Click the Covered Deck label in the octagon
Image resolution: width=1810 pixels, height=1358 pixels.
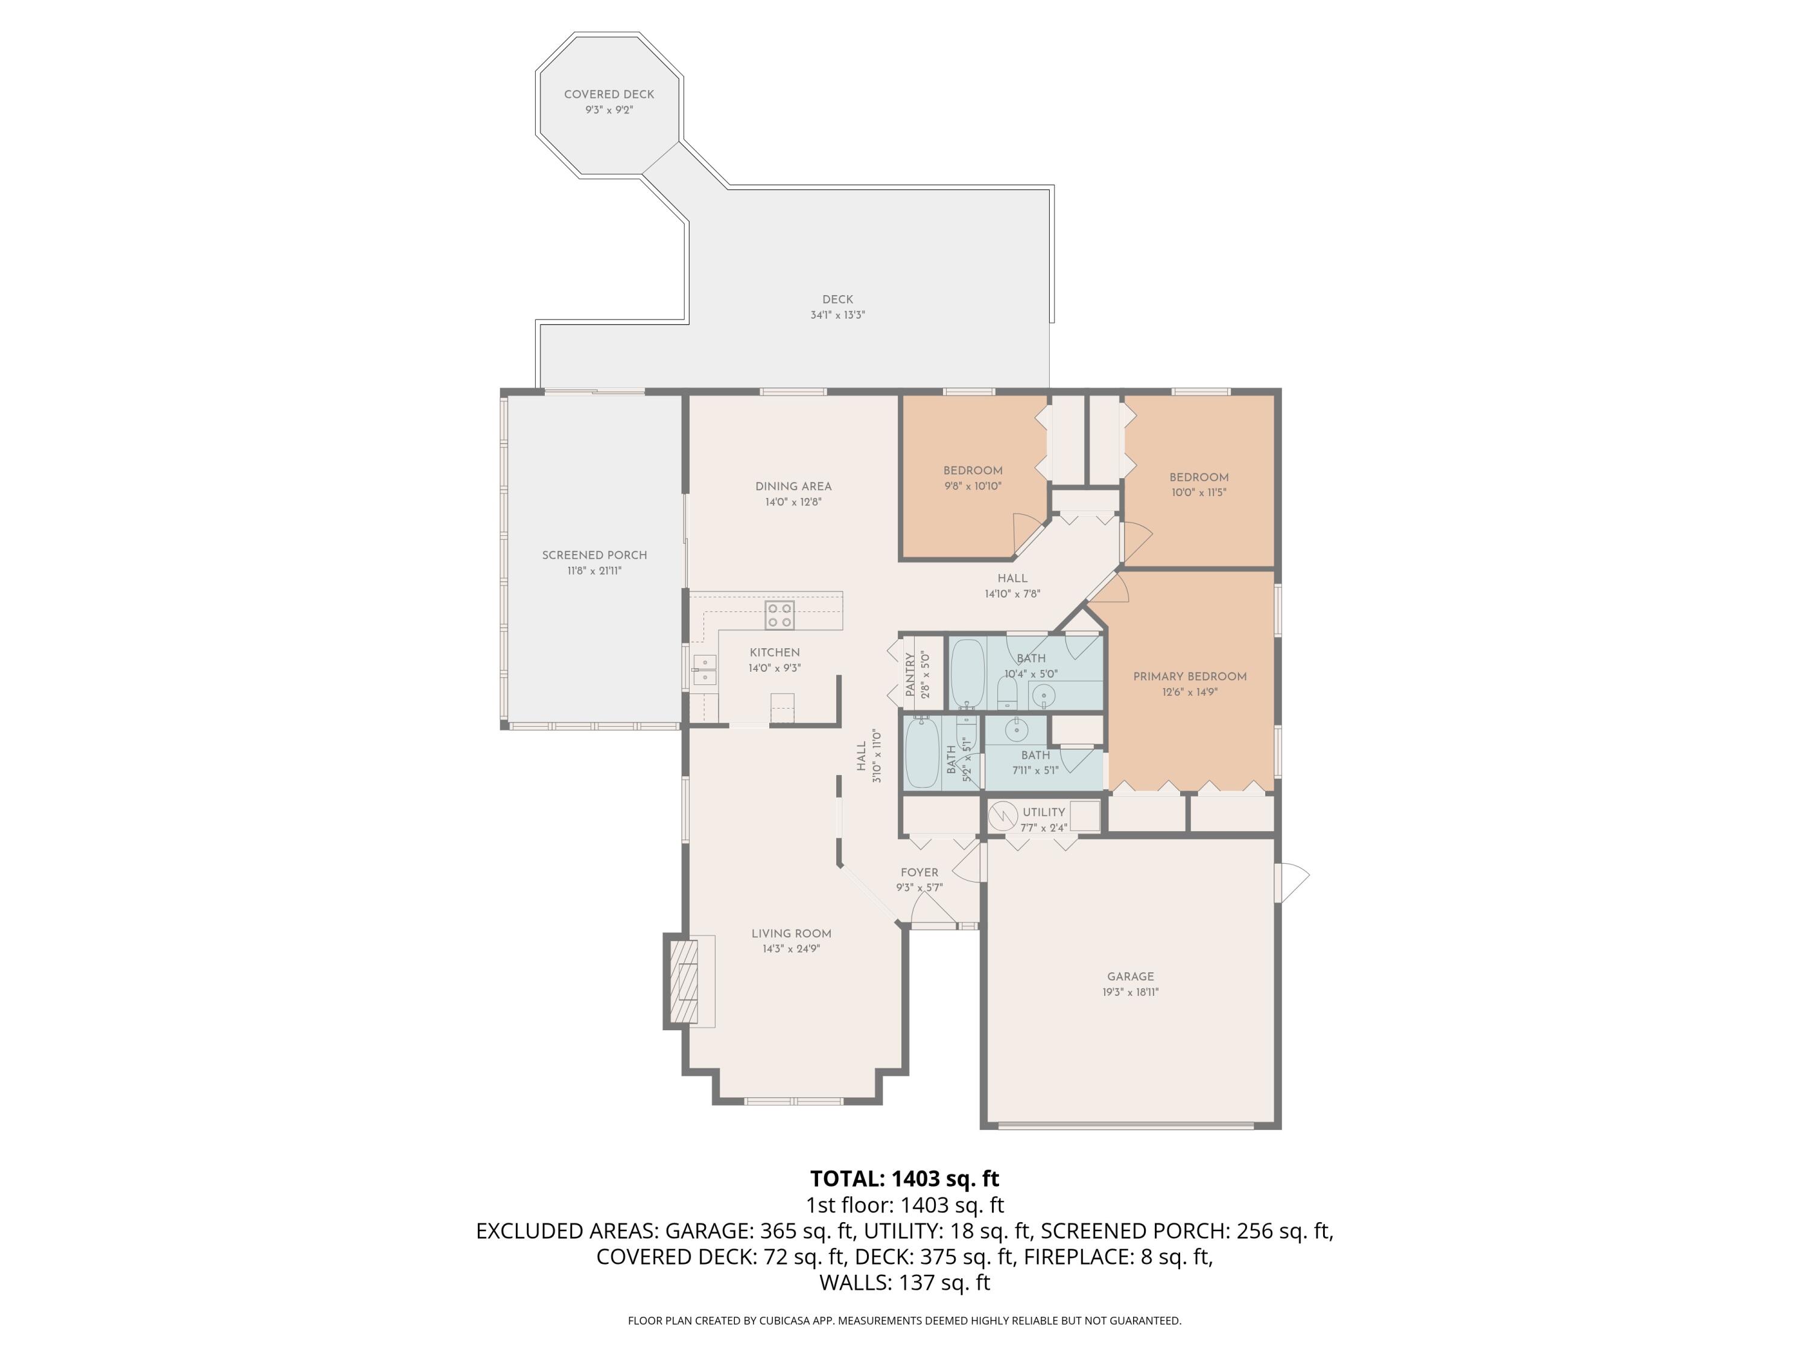point(609,94)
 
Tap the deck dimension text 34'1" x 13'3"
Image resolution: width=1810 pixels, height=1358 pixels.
point(837,315)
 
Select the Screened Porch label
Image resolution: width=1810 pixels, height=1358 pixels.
point(594,555)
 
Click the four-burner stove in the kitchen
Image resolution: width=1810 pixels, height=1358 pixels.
point(779,616)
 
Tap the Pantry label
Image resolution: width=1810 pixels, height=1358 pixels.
point(910,675)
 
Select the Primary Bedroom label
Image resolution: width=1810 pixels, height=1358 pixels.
point(1189,676)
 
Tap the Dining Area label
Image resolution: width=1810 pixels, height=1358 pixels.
point(793,486)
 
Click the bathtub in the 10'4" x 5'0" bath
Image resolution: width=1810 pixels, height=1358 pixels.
point(967,674)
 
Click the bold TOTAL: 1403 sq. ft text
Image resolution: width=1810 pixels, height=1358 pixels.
point(904,1179)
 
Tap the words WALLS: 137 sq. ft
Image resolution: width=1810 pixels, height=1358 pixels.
point(904,1283)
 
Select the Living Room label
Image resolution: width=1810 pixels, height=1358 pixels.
point(790,933)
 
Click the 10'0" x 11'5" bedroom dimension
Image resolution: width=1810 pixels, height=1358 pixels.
point(1198,493)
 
